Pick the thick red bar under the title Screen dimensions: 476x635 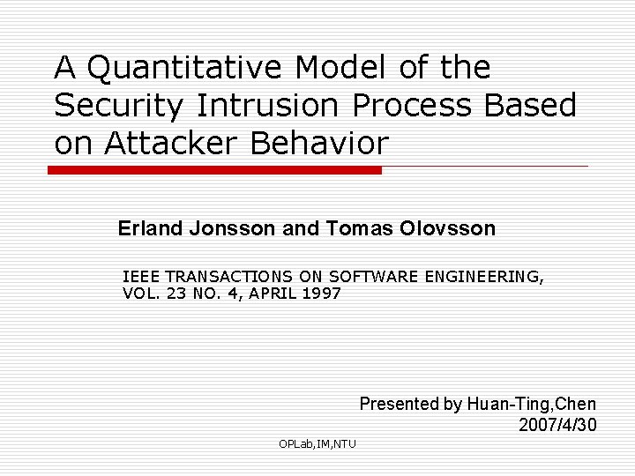pyautogui.click(x=214, y=170)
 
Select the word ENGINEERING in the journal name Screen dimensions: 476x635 pyautogui.click(x=484, y=277)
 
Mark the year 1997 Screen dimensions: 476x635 pyautogui.click(x=321, y=294)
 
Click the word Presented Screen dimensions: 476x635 pyautogui.click(x=399, y=405)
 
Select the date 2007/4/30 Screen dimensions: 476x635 pyautogui.click(x=558, y=425)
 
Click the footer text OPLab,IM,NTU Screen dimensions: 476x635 pyautogui.click(x=317, y=443)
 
